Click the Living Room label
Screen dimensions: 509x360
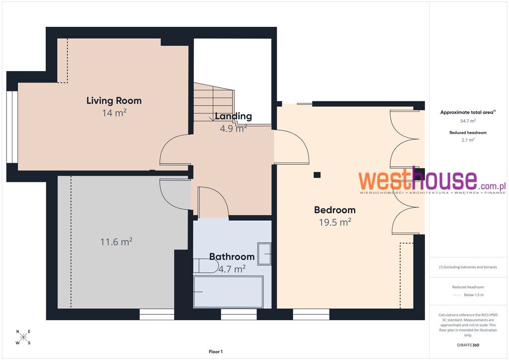point(114,100)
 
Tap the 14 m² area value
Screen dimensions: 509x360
point(114,113)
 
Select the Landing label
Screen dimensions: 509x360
point(234,116)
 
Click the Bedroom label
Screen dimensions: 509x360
point(335,210)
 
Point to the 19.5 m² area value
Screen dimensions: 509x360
point(335,222)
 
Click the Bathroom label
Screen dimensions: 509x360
point(232,257)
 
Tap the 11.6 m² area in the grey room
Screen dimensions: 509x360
point(116,242)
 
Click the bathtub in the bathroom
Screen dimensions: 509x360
point(228,291)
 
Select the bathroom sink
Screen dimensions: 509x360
point(264,254)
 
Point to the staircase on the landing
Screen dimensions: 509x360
point(214,102)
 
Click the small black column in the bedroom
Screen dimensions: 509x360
point(317,175)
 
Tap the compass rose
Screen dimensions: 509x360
point(23,337)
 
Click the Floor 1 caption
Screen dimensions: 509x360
point(216,352)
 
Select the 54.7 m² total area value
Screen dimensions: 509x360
point(468,121)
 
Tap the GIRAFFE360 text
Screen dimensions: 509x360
point(468,345)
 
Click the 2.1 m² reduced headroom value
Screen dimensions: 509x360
point(468,140)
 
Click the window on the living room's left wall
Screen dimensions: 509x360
point(12,127)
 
